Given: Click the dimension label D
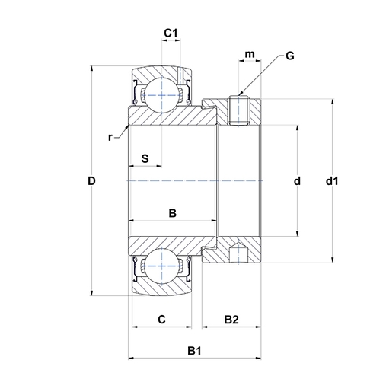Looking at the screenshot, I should tap(91, 181).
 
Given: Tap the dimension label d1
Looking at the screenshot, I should tap(331, 181).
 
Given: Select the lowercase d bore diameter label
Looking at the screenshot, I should tap(297, 181).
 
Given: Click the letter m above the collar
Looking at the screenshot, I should tap(249, 55).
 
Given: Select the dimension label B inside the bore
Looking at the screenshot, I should tap(172, 213).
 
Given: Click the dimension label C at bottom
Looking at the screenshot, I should tap(161, 320).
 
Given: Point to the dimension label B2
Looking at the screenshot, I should tap(231, 320).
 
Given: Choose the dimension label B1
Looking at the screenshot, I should tap(194, 350).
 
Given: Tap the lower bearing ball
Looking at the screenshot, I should tap(161, 267).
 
